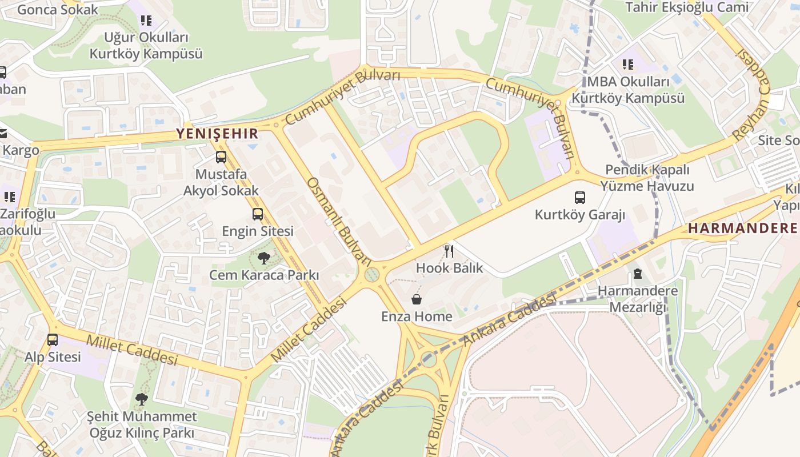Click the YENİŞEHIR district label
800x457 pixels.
point(217,134)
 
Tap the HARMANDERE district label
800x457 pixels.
point(742,228)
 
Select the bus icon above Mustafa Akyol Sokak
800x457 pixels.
point(221,157)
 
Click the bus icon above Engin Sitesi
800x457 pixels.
point(258,214)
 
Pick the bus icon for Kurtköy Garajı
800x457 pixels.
point(580,198)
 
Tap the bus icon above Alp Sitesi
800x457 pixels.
point(53,340)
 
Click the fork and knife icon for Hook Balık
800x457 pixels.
point(449,251)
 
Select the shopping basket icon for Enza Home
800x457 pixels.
point(417,299)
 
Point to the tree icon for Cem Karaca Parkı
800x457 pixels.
point(263,258)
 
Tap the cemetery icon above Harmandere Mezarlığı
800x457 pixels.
point(638,274)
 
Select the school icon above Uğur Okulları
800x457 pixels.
point(146,21)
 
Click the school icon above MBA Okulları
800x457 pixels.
point(628,65)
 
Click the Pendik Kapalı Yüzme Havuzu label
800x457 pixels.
point(647,178)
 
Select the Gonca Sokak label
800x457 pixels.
point(58,9)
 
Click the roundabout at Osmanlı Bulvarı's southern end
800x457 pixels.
point(372,275)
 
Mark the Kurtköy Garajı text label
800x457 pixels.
point(580,215)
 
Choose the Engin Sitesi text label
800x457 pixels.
point(258,231)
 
